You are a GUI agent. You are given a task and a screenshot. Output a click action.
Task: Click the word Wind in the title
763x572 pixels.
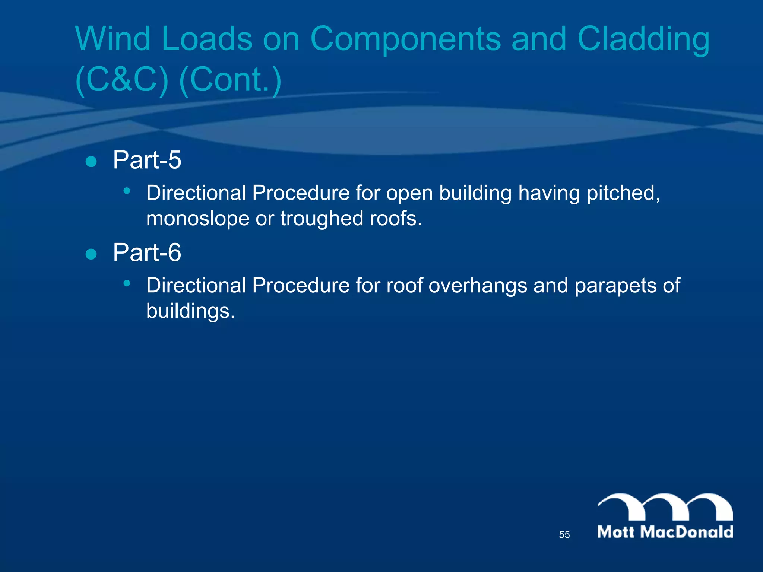coord(113,39)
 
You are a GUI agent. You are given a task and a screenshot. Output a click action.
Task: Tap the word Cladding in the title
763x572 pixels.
coord(643,39)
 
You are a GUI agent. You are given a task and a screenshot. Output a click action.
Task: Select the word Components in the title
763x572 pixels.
coord(405,39)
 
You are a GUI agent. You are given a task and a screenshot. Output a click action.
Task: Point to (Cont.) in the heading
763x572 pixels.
coord(230,80)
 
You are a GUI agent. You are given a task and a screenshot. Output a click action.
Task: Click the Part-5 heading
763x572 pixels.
coord(147,160)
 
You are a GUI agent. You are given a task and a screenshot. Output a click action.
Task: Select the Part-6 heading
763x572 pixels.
coord(147,252)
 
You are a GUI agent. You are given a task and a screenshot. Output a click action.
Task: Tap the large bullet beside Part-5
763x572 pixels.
coord(91,162)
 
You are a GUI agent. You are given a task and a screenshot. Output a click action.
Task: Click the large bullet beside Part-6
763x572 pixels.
coord(91,254)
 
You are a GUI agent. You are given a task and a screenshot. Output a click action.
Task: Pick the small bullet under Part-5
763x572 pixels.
coord(127,191)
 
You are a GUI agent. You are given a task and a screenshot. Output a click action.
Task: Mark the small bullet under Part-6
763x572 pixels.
coord(127,283)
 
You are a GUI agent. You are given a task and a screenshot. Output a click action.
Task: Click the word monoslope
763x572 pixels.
coord(197,218)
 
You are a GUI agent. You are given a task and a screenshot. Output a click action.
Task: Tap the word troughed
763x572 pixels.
coord(322,218)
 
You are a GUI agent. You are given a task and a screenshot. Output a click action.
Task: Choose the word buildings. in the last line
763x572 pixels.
coord(190,311)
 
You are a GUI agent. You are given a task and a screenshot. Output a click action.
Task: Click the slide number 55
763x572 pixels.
coord(564,535)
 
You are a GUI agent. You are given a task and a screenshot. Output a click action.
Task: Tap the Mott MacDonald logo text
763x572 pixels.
coord(665,532)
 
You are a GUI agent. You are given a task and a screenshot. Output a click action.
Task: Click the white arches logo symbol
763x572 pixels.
coord(665,506)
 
